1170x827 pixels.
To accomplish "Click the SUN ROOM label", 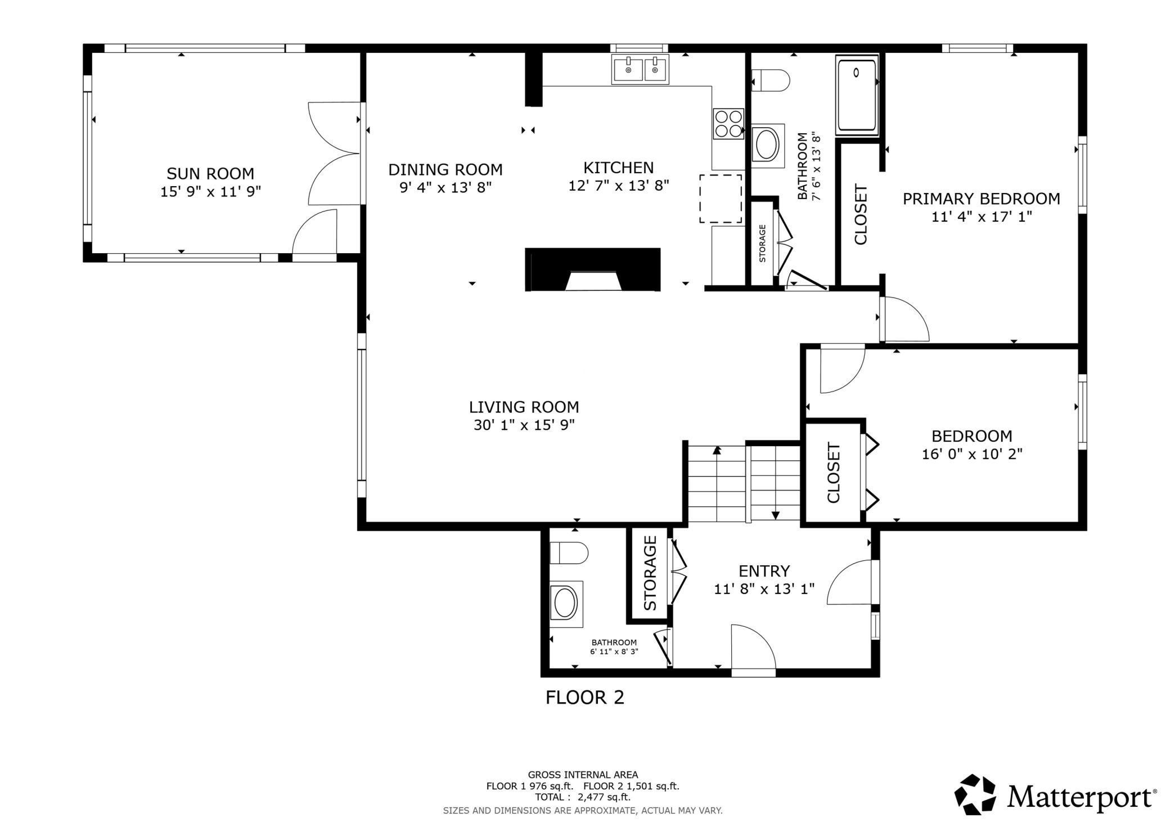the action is pyautogui.click(x=210, y=173).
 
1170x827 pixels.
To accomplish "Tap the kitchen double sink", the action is pyautogui.click(x=640, y=70).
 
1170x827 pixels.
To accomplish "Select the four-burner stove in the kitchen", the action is pyautogui.click(x=728, y=124).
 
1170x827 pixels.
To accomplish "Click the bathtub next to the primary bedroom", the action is pyautogui.click(x=857, y=95).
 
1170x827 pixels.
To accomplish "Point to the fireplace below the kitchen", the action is pyautogui.click(x=593, y=269).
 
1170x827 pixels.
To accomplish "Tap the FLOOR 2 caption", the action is pyautogui.click(x=585, y=698).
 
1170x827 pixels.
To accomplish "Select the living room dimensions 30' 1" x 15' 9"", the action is pyautogui.click(x=524, y=425).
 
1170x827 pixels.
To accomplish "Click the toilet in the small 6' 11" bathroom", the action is pyautogui.click(x=569, y=553).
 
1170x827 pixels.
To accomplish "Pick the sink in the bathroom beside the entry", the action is pyautogui.click(x=566, y=604).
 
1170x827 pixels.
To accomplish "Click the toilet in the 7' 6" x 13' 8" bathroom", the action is pyautogui.click(x=771, y=79).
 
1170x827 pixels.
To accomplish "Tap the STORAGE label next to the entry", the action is pyautogui.click(x=650, y=573).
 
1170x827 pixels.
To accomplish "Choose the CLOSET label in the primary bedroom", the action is pyautogui.click(x=861, y=214).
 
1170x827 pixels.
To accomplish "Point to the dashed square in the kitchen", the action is pyautogui.click(x=721, y=199).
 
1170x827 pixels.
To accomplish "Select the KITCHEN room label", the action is pyautogui.click(x=618, y=168).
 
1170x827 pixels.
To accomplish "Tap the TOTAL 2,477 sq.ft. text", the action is pyautogui.click(x=583, y=797).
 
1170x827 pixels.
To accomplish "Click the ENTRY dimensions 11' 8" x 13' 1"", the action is pyautogui.click(x=764, y=589).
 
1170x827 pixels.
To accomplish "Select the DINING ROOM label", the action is pyautogui.click(x=445, y=169).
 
